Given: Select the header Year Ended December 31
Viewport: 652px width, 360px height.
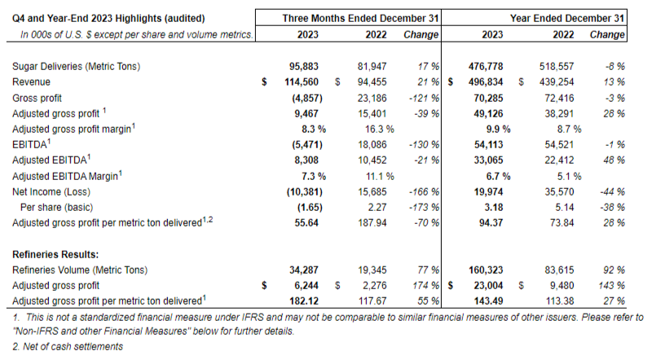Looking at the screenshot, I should click(567, 18).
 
